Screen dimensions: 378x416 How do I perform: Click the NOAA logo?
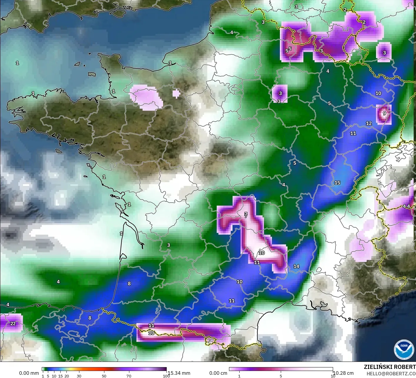coord(404,349)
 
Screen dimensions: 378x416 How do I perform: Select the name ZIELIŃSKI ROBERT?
coord(390,367)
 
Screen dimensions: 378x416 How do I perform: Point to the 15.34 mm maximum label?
coord(179,373)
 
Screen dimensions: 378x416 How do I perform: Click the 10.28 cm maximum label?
coord(343,373)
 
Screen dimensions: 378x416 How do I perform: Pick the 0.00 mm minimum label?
coord(29,373)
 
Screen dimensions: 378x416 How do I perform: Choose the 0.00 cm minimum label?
coord(218,373)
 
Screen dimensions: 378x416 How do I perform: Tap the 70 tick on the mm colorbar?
coord(129,376)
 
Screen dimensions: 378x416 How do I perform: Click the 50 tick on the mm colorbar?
coord(104,376)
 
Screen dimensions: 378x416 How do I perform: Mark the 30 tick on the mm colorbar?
coord(79,376)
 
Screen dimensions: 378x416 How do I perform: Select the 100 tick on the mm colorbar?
coord(166,376)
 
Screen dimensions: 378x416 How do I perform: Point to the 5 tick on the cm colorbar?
coord(281,376)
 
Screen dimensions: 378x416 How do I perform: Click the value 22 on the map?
coord(13,324)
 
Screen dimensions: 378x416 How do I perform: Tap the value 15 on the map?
coord(337,183)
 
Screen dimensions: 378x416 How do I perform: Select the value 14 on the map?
coord(296,266)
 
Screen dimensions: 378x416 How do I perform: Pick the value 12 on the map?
coord(369,123)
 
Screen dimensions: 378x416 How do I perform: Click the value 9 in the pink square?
coord(384,113)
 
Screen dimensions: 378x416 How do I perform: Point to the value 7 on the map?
coord(246,214)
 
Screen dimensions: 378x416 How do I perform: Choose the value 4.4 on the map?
coord(406,206)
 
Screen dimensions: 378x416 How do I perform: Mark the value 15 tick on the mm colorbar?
coord(60,376)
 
